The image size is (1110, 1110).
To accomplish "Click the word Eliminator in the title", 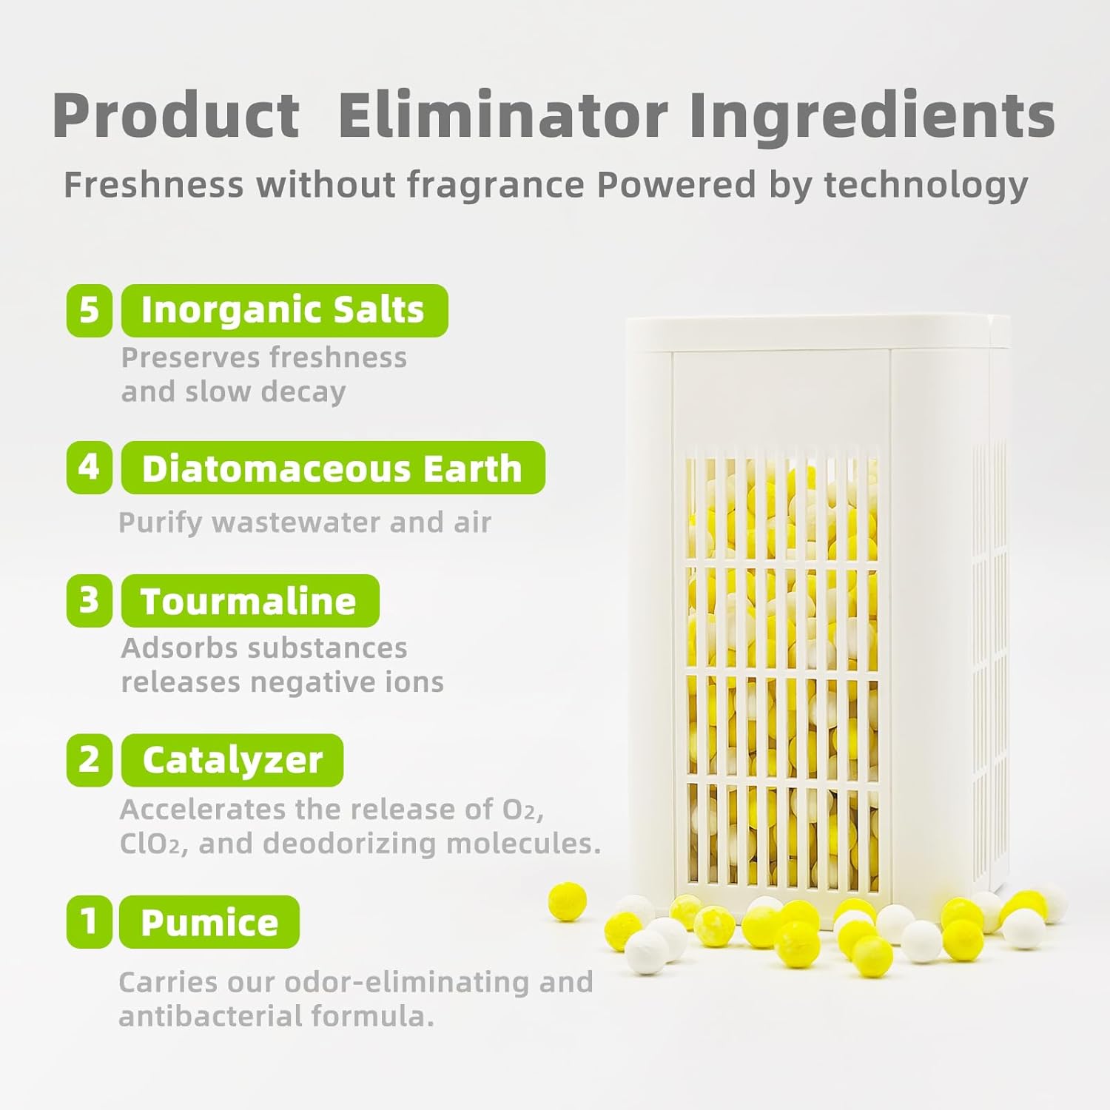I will [x=503, y=115].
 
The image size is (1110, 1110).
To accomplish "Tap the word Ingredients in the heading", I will [x=872, y=115].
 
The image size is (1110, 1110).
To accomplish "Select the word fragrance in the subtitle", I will [x=495, y=184].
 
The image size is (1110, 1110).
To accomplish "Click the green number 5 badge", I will [x=89, y=310].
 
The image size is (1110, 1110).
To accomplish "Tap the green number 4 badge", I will [x=89, y=468].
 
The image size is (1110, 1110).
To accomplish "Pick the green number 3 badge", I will [x=89, y=600].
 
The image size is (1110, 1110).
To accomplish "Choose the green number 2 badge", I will [x=89, y=760].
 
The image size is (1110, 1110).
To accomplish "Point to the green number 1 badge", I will [x=89, y=922].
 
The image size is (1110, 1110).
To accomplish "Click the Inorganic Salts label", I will [x=284, y=310].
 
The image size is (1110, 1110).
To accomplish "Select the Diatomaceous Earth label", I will [x=333, y=468].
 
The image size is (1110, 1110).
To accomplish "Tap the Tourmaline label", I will [x=250, y=600].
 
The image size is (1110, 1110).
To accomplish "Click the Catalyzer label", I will [x=232, y=760].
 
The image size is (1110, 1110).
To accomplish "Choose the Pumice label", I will [x=209, y=922].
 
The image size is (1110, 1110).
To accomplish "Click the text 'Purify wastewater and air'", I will [x=305, y=522].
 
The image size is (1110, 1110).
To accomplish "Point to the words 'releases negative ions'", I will [x=282, y=682].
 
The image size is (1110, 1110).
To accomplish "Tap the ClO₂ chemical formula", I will [x=149, y=844].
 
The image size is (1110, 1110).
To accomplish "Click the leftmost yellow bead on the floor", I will [x=567, y=901].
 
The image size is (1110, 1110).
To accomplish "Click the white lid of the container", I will [x=814, y=333].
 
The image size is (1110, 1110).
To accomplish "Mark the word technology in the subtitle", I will [x=926, y=184].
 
